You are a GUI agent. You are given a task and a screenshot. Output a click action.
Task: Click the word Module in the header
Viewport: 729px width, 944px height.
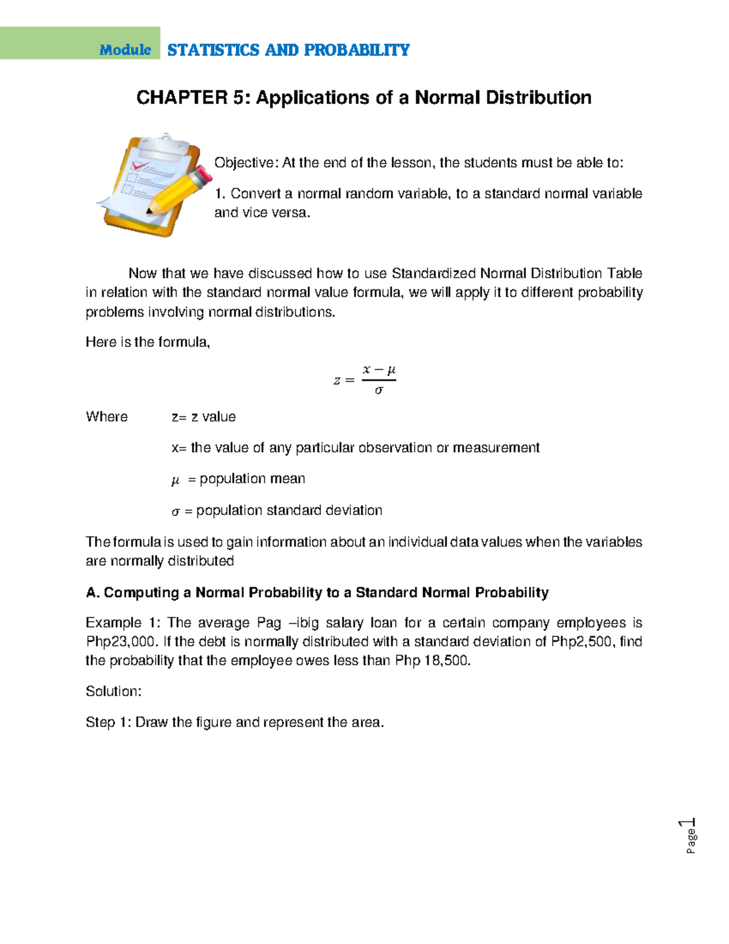(x=125, y=50)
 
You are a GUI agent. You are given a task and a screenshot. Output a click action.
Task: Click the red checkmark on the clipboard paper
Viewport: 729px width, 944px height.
(x=140, y=165)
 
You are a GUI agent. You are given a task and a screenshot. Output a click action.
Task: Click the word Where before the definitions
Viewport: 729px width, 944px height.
(x=107, y=417)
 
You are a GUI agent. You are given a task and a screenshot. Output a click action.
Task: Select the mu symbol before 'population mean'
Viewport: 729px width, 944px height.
(x=176, y=480)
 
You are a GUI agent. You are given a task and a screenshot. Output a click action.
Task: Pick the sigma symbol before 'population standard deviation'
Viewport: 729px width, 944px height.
(x=176, y=512)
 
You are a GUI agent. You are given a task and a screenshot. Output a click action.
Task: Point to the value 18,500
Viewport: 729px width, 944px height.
(x=447, y=661)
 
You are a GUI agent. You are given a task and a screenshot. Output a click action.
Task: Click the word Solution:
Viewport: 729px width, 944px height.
(x=114, y=692)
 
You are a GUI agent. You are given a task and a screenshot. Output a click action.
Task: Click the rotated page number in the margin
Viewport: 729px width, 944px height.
(x=690, y=836)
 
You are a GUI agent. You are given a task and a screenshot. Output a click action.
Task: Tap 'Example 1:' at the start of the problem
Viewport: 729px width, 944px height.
(x=122, y=623)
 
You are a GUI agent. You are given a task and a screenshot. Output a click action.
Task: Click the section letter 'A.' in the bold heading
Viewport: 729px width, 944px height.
(x=93, y=593)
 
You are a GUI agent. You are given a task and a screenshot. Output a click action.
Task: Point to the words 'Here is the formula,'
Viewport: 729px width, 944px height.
(x=148, y=342)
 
